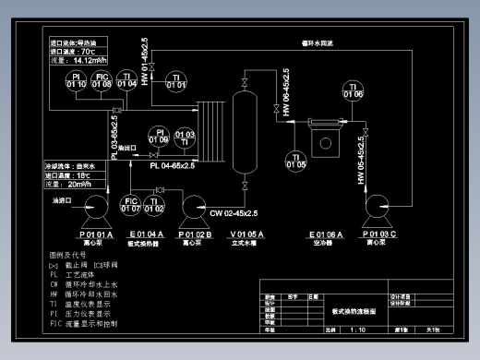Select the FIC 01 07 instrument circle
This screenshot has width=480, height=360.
click(x=130, y=204)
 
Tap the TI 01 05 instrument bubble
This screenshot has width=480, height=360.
click(x=295, y=161)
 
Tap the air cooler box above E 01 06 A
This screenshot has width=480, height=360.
click(x=325, y=141)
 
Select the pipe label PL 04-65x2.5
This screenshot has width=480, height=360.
click(x=166, y=166)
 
